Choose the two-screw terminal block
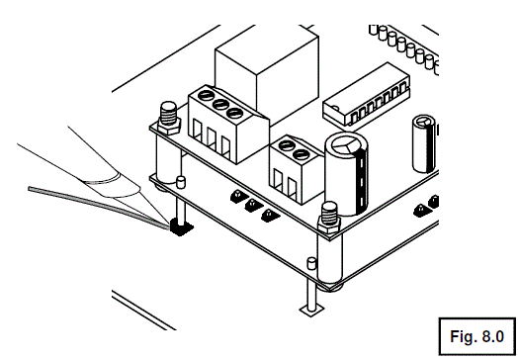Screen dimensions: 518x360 click(x=294, y=164)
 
